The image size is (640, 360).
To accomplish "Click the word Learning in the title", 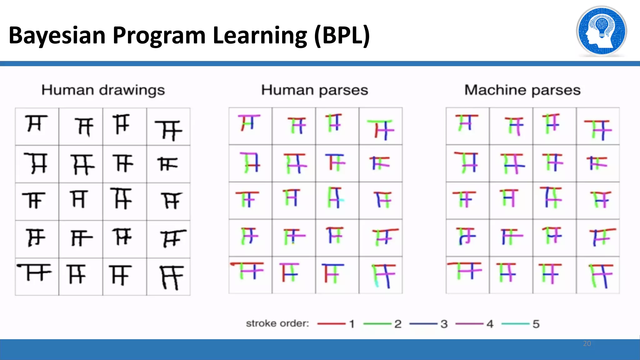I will click(x=260, y=35).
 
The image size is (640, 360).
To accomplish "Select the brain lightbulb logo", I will click(x=601, y=31).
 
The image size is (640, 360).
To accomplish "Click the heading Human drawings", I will click(x=103, y=90).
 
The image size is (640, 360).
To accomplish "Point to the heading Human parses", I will click(x=315, y=90).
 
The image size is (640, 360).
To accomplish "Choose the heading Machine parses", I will click(x=522, y=90).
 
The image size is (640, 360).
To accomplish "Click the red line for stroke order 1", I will click(x=331, y=324).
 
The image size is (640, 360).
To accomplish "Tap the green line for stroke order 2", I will click(x=377, y=324).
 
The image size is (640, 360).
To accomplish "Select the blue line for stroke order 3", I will click(x=423, y=324).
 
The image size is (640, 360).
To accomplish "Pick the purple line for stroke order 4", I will click(x=469, y=324).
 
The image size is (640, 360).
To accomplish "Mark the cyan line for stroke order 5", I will click(x=515, y=324).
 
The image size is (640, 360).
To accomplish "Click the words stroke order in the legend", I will click(x=277, y=323).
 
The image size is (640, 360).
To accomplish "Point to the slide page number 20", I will click(x=587, y=343).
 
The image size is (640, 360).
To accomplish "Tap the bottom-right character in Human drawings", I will click(x=171, y=277).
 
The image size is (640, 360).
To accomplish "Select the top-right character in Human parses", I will click(x=381, y=129).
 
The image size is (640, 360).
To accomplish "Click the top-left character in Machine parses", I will click(x=467, y=122).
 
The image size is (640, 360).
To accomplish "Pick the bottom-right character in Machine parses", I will click(x=601, y=276).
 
